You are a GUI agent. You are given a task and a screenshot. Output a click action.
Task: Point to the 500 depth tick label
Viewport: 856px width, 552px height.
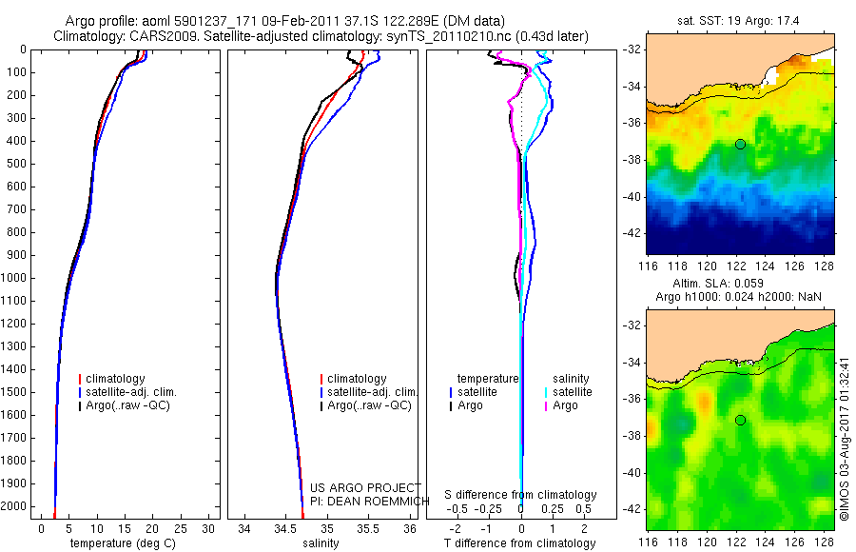click(x=15, y=164)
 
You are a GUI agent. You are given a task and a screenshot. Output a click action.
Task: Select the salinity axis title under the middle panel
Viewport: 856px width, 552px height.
click(x=320, y=543)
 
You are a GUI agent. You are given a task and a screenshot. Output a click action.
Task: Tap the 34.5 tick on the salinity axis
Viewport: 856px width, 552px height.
click(x=285, y=527)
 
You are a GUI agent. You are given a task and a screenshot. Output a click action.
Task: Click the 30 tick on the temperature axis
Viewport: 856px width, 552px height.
click(x=207, y=527)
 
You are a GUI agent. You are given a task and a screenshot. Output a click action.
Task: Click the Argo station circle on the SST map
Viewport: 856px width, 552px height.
click(x=740, y=144)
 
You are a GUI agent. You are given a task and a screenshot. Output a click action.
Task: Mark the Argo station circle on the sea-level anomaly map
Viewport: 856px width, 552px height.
click(x=740, y=420)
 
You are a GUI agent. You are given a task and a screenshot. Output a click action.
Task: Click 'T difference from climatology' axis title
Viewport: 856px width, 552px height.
click(x=521, y=543)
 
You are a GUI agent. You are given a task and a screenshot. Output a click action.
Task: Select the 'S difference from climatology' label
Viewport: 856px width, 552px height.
click(x=521, y=495)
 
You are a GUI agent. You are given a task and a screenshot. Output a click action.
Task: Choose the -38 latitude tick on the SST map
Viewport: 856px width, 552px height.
click(x=633, y=160)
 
